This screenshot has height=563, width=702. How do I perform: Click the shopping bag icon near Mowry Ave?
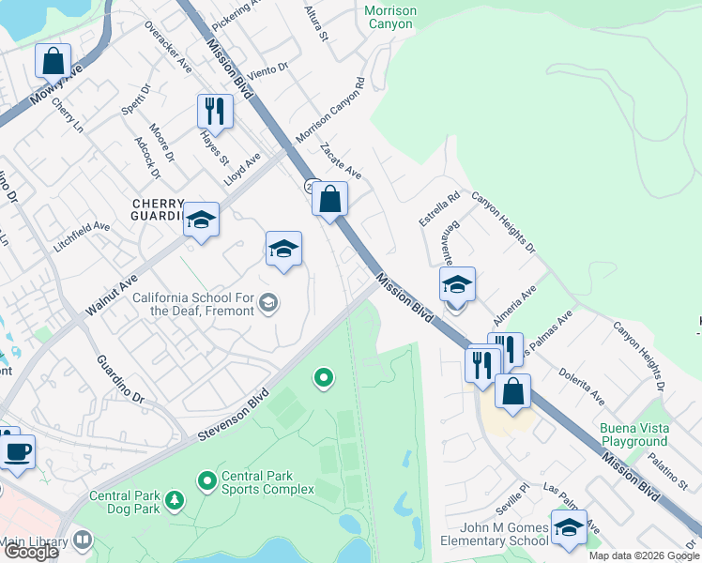(x=53, y=62)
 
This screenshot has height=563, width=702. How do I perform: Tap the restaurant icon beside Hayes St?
(x=215, y=112)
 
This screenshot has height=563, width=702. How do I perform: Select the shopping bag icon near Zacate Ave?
(x=329, y=199)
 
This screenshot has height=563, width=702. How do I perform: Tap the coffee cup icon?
(x=17, y=452)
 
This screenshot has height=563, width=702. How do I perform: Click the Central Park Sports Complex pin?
(x=206, y=481)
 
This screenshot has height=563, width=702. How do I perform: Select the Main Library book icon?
(x=83, y=540)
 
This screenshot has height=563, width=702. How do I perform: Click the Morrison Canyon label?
(x=389, y=17)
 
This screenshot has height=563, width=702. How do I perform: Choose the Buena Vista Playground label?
(x=634, y=434)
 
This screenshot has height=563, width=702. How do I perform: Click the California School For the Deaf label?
(x=193, y=304)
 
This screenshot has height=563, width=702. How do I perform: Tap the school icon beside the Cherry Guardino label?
(x=201, y=221)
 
